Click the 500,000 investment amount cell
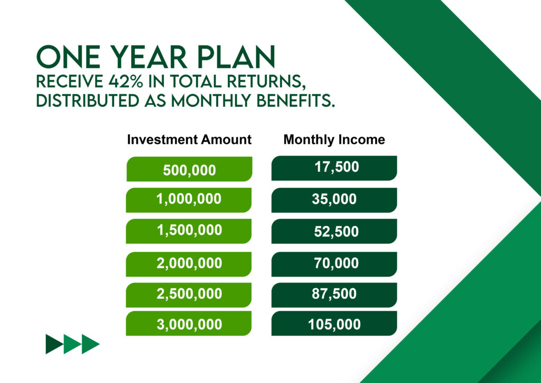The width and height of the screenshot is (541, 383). [x=190, y=169]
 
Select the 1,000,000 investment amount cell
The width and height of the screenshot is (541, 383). [x=189, y=200]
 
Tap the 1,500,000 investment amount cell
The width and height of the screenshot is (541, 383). [x=189, y=231]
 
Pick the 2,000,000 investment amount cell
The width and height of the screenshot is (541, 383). [x=189, y=264]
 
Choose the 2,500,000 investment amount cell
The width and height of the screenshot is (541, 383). [x=189, y=295]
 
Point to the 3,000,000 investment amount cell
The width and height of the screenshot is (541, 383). [x=189, y=323]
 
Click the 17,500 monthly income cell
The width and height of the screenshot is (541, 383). [x=334, y=168]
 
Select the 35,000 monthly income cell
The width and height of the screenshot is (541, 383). [x=334, y=200]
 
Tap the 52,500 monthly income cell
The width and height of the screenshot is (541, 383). [x=334, y=231]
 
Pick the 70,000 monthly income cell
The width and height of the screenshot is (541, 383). [x=334, y=264]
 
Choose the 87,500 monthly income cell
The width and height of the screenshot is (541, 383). [x=334, y=295]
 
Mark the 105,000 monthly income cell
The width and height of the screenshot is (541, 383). [x=334, y=323]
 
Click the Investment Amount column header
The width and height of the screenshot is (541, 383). [x=189, y=140]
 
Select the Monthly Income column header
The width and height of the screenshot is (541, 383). [x=334, y=140]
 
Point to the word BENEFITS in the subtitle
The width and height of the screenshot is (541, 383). [x=296, y=101]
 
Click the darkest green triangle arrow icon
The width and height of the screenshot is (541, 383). [x=54, y=344]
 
